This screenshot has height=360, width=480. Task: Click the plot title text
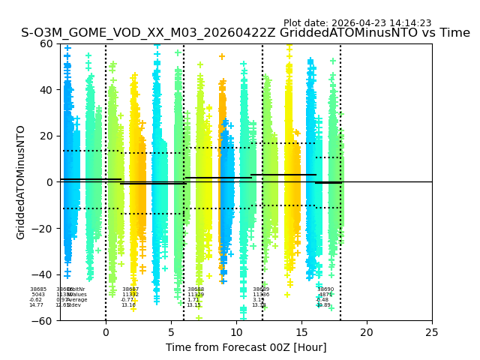click(245, 33)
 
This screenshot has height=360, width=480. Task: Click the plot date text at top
click(357, 23)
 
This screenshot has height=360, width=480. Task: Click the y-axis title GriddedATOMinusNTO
click(21, 182)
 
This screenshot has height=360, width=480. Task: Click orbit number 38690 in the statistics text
click(325, 289)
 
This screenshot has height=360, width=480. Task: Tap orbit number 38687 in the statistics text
click(130, 289)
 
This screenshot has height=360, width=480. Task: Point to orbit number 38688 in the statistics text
click(196, 289)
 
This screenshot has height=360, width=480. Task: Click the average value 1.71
click(193, 300)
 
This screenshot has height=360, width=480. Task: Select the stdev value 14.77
click(36, 305)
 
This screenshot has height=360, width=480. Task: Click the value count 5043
click(37, 295)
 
